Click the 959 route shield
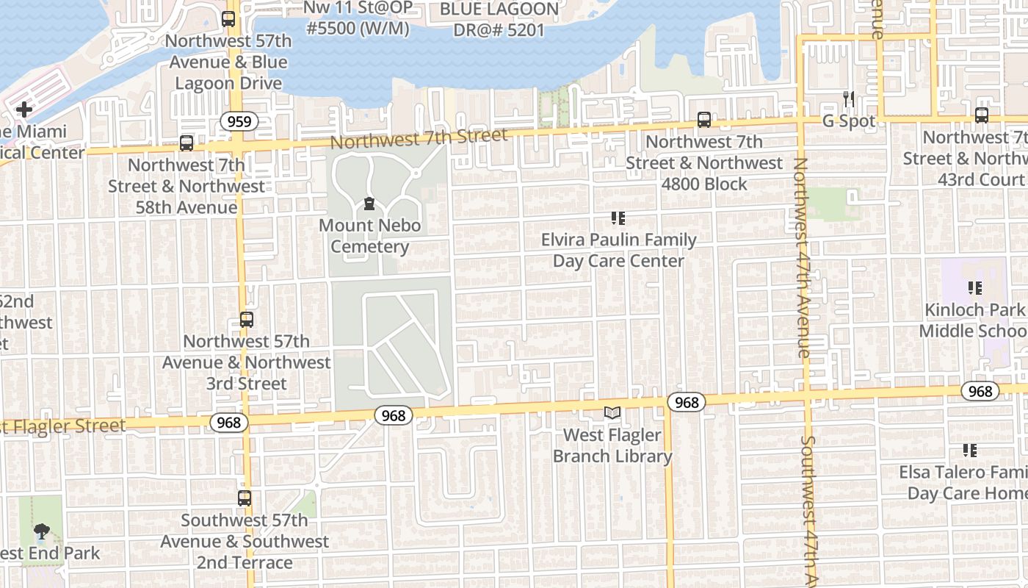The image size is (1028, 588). tap(239, 121)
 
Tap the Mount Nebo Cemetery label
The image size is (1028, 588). tap(369, 236)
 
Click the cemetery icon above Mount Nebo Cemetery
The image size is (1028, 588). tap(369, 204)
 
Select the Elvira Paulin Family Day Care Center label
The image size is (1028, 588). tap(618, 250)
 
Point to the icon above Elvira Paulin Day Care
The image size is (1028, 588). tap(618, 218)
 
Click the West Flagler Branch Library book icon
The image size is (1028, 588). tap(612, 413)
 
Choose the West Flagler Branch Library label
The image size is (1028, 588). tap(612, 445)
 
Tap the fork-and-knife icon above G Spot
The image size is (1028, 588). tap(849, 99)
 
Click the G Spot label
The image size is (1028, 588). tap(849, 121)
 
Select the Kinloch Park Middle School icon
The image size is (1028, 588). tap(975, 288)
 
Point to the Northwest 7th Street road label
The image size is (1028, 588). tap(419, 137)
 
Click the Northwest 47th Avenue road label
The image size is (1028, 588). tap(801, 257)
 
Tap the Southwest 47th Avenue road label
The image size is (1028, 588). tap(808, 507)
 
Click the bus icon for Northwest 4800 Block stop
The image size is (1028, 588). tap(704, 120)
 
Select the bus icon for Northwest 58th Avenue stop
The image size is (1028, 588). tap(187, 143)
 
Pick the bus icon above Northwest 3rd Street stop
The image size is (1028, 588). tap(247, 320)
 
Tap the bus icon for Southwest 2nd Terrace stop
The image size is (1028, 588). tap(245, 498)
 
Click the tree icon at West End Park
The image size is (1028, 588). tap(42, 531)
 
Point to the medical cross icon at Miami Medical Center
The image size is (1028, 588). tap(23, 110)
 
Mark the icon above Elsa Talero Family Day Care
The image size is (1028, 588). tap(969, 450)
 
